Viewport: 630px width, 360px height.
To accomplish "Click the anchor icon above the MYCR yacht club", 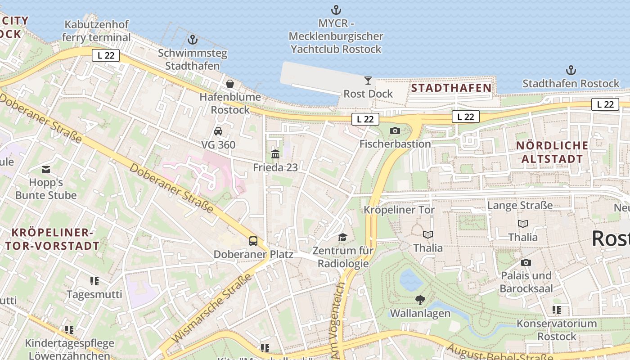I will (x=336, y=9).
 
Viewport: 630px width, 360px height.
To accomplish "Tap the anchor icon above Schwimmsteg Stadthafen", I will (x=193, y=40).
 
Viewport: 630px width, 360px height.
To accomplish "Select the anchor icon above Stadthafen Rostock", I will (x=571, y=70).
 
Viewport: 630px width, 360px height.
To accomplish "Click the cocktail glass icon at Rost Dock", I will (x=368, y=81).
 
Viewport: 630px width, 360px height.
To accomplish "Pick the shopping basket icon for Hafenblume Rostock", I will (x=230, y=84).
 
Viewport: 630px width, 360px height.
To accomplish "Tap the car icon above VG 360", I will (x=218, y=131).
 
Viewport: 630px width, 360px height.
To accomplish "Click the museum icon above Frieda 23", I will (x=275, y=154).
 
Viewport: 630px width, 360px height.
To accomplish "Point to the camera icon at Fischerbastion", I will (x=395, y=130).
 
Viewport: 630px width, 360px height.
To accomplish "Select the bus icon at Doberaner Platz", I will (x=253, y=241).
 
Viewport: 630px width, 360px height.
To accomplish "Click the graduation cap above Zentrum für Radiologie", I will (x=343, y=237).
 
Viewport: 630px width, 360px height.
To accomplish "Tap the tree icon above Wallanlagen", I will (x=420, y=300).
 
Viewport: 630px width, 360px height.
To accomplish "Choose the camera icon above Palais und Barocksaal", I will (x=526, y=262).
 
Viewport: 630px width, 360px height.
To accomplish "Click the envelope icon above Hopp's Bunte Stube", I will (x=46, y=170).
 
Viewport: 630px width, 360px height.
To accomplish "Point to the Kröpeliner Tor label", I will (x=399, y=210).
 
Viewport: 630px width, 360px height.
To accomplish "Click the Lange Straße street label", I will (x=520, y=206).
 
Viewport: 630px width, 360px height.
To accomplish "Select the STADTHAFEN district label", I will (x=451, y=88).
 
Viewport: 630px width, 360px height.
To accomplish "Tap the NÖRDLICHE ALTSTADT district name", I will (x=552, y=152).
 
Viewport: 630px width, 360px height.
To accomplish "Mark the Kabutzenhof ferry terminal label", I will (x=96, y=31).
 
